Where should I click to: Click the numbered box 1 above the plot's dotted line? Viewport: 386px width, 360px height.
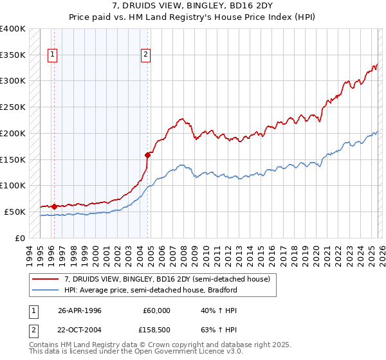pos(52,55)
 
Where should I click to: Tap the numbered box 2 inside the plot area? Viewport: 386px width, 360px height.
pos(146,55)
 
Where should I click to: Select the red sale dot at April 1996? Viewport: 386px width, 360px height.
pos(54,206)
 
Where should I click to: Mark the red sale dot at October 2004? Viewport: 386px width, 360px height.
pos(147,154)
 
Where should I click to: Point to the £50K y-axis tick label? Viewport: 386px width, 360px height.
pos(15,212)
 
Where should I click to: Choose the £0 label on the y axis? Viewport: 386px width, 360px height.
pos(21,238)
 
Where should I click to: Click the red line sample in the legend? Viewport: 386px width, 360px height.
pos(46,279)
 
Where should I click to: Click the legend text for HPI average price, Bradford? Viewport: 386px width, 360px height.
pos(151,290)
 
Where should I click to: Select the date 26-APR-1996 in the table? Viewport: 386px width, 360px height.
pos(80,310)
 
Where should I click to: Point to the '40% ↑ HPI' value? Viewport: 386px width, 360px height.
pos(213,310)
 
